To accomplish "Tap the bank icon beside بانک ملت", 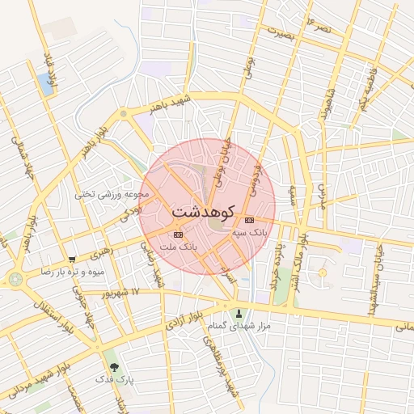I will click(x=178, y=234).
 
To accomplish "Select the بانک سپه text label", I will click(x=249, y=232).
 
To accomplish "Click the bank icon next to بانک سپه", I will click(x=249, y=220).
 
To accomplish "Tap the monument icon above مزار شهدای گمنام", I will click(x=238, y=313).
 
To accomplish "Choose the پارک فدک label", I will click(x=114, y=378).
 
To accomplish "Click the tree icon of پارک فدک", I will click(x=112, y=365).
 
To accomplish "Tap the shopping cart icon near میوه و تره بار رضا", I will click(x=72, y=260).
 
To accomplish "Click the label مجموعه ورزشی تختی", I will click(x=112, y=194).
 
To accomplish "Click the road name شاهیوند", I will click(x=327, y=103).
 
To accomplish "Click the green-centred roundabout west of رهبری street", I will click(x=15, y=280).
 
